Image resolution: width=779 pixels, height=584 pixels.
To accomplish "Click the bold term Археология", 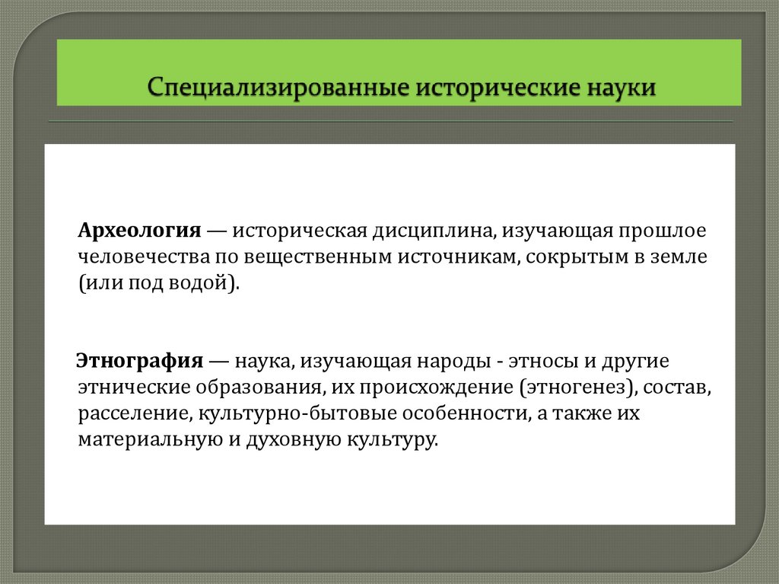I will (x=138, y=230).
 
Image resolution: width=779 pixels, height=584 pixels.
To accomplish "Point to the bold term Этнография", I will (x=139, y=360).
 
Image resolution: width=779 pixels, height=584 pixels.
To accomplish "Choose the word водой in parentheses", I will (x=203, y=284).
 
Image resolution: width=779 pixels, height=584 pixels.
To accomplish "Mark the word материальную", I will (x=149, y=441).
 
